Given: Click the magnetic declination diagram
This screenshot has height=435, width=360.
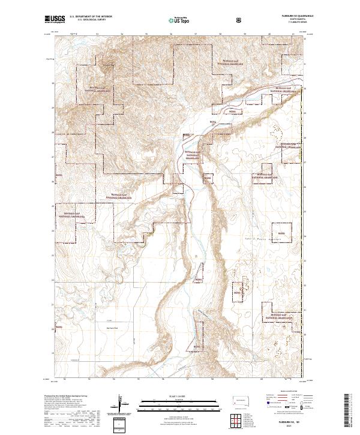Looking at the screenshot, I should (x=125, y=404).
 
